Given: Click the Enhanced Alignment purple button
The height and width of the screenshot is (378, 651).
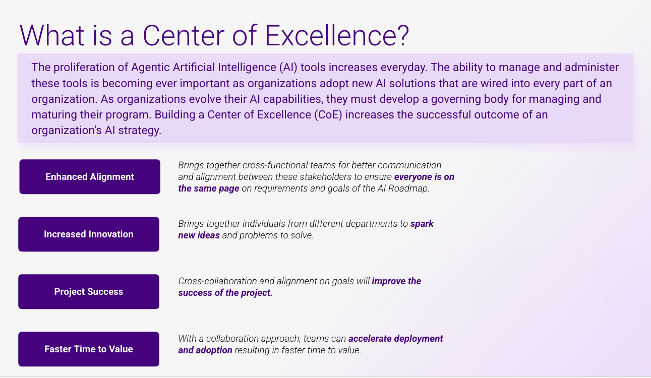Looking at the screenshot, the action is point(90,176).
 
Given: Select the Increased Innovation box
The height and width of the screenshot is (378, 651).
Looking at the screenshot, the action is point(89,234).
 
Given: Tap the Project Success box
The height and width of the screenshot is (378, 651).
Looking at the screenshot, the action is point(89,292).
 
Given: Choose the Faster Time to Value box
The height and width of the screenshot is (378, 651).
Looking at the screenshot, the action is point(89,349).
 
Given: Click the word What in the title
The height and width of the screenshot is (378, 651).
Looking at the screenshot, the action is point(52,35).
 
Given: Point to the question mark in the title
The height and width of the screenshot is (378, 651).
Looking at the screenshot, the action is point(403,35).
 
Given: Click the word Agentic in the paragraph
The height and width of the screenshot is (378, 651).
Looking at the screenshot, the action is point(150,68).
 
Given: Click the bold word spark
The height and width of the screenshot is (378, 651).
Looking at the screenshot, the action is point(422,224).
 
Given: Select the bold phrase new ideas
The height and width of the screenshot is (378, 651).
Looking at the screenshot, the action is point(199,235).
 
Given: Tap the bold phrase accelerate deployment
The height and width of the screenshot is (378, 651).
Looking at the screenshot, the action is point(396,339).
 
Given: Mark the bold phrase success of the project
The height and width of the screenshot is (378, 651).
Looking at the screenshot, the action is point(225,293).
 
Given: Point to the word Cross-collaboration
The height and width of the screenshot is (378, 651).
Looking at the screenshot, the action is point(218,281).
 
